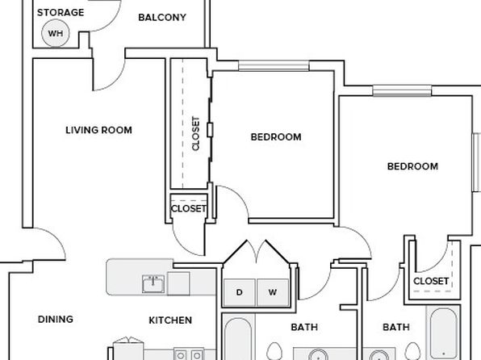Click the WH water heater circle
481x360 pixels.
(x=56, y=33)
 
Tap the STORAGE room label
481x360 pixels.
(x=61, y=13)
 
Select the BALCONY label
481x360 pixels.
(x=162, y=18)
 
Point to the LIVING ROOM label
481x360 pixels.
(x=98, y=130)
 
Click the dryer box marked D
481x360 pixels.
(x=239, y=292)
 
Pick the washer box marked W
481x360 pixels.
(x=273, y=292)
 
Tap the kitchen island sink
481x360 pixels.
(x=153, y=284)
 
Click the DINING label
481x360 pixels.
(x=56, y=320)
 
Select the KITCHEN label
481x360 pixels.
(x=170, y=320)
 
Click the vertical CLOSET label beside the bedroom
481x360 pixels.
(x=196, y=133)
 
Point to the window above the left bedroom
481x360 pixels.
(x=274, y=65)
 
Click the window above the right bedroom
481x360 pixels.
(x=402, y=91)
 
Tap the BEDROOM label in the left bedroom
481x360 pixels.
(x=276, y=137)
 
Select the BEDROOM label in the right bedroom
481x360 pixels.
(x=412, y=166)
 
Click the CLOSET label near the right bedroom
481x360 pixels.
(x=431, y=281)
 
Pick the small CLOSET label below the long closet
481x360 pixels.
(x=189, y=209)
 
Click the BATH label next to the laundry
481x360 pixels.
(x=304, y=327)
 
